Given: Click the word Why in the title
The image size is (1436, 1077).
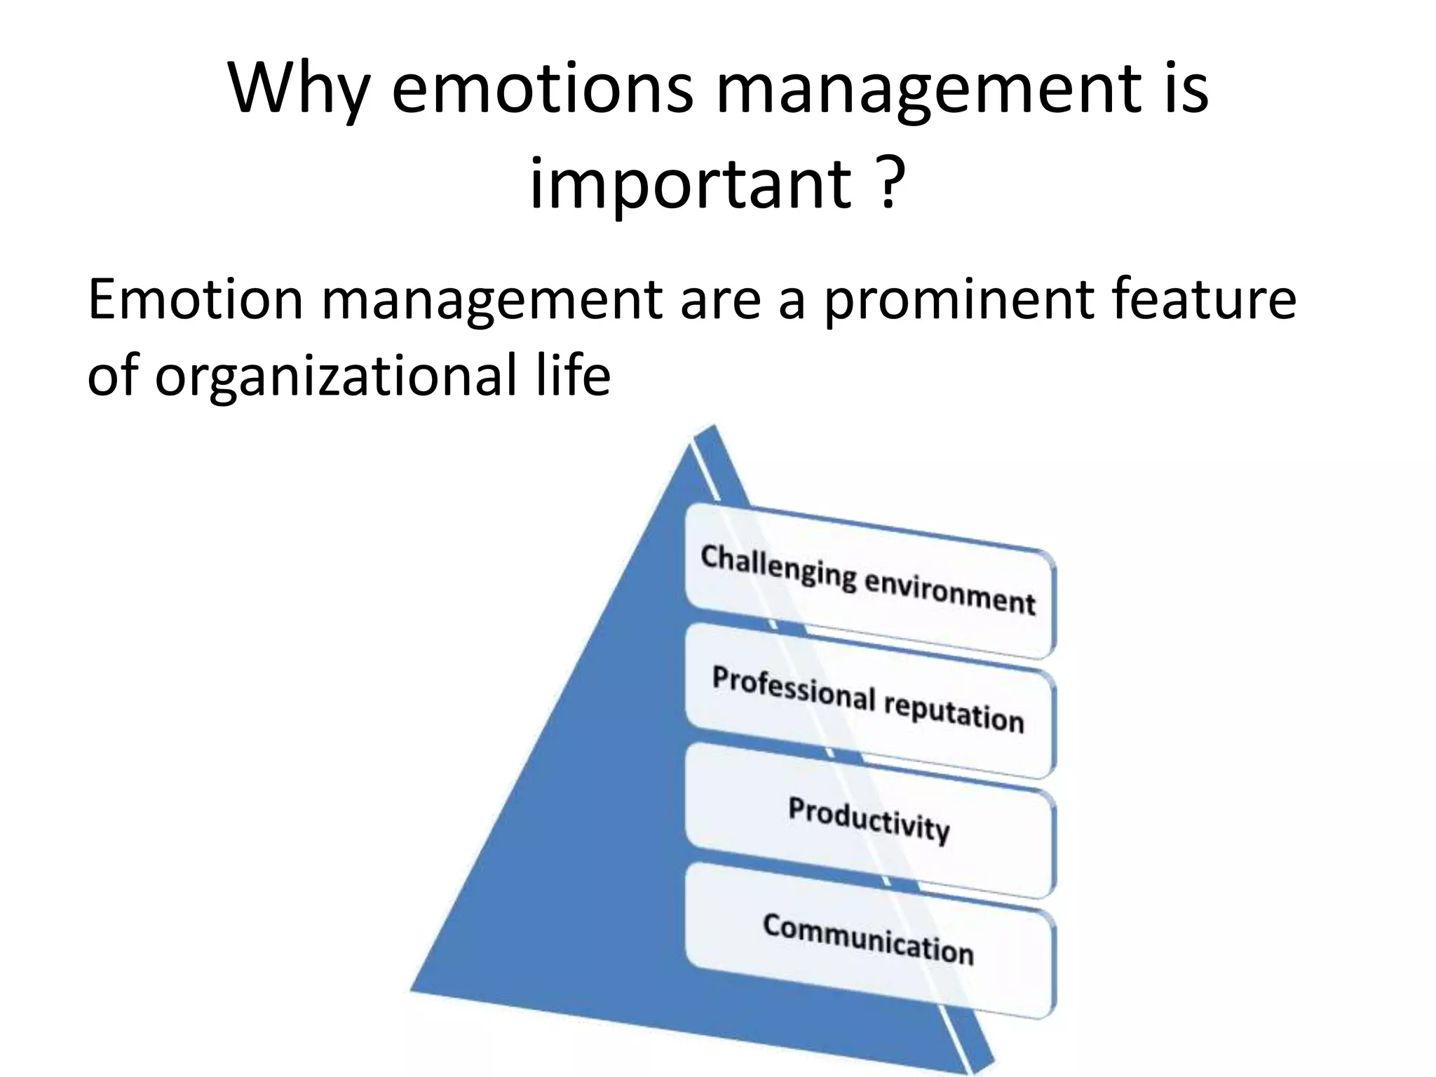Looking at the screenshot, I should (298, 89).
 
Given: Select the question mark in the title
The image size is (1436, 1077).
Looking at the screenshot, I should (888, 184).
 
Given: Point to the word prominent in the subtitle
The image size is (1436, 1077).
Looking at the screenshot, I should (958, 300).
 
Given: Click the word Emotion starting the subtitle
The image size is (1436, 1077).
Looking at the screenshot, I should (196, 300).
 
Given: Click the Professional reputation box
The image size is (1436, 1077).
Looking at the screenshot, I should (869, 701).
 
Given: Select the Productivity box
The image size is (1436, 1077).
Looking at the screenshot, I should (869, 820).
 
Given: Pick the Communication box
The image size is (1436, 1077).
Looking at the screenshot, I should (869, 940).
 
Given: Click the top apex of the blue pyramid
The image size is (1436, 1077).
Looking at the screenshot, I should (712, 426).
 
